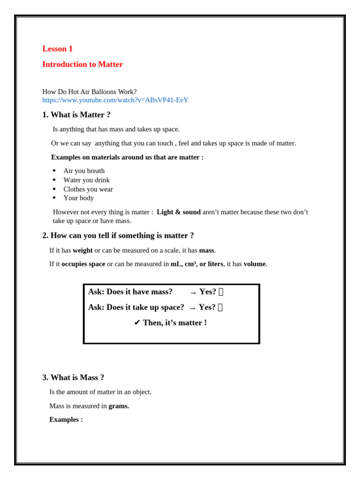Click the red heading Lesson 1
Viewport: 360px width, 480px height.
[57, 49]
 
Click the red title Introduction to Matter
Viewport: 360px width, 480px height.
[82, 64]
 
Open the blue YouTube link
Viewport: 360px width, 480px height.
[115, 100]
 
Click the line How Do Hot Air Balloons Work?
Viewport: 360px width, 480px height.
[89, 92]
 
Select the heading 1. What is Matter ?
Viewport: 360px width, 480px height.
[76, 115]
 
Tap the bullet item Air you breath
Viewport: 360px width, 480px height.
[84, 171]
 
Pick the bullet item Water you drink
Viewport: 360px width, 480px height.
[86, 180]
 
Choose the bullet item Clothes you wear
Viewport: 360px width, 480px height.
[88, 189]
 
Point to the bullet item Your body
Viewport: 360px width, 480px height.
[78, 198]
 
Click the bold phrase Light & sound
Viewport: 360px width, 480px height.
[179, 212]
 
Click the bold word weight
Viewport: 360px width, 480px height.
[82, 250]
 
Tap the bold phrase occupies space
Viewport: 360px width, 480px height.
[83, 264]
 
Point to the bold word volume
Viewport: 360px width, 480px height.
[255, 264]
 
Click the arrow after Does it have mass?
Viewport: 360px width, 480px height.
[193, 292]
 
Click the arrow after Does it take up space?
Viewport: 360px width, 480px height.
[192, 308]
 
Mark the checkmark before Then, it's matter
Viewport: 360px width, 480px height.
[137, 323]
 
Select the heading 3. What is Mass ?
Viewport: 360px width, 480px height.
[73, 377]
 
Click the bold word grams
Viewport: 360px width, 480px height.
[119, 406]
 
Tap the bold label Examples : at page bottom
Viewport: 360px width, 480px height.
[66, 420]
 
